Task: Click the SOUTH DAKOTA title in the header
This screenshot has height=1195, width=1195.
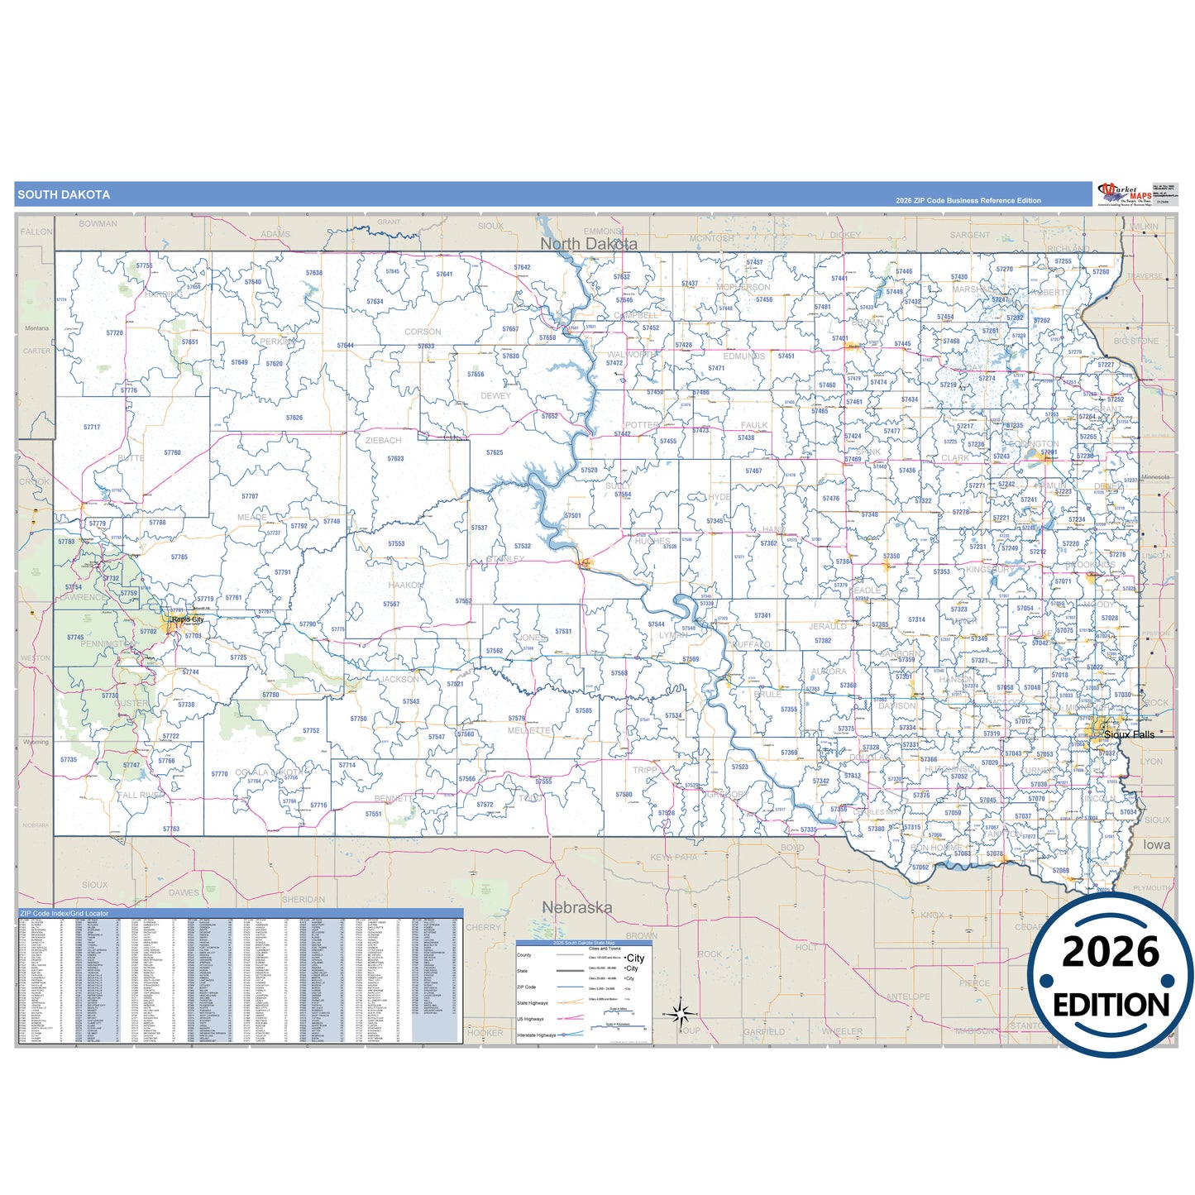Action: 64,195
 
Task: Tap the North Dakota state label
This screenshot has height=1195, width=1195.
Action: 588,244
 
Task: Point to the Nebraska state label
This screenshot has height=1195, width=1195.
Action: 576,907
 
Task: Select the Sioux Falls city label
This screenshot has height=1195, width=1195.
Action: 1129,734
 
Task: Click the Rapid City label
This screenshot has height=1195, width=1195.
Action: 188,619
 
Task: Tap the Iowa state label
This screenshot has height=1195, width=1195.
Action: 1156,844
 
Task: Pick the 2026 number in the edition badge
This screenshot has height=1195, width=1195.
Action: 1111,952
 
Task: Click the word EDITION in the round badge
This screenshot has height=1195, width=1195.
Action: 1111,1005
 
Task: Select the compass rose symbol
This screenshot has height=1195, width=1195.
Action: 680,1012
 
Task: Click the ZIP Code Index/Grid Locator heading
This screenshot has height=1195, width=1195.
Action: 65,914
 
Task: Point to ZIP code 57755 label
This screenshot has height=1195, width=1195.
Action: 144,265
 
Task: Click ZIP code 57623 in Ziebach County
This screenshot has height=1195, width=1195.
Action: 395,458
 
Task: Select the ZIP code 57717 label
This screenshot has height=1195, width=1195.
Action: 92,428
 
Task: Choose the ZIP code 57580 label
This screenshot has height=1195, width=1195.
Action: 624,795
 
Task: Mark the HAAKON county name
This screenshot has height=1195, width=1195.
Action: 405,585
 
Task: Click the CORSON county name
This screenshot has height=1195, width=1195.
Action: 423,332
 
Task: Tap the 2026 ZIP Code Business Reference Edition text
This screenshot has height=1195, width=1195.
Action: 968,200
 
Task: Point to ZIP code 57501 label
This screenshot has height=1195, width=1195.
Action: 572,515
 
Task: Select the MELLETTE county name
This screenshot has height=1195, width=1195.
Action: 528,731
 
